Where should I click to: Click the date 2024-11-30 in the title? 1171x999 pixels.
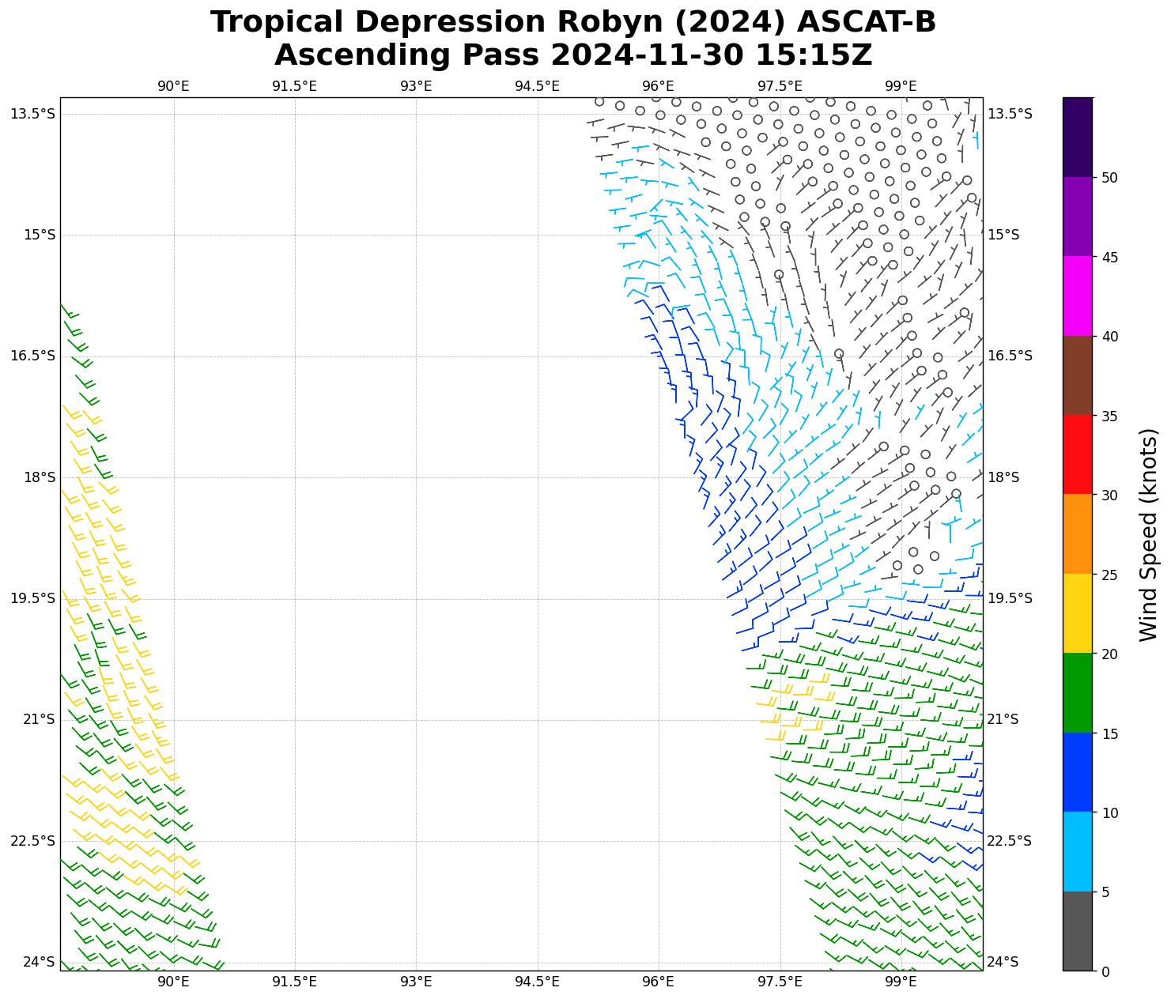point(648,55)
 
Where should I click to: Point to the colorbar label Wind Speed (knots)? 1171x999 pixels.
point(1148,534)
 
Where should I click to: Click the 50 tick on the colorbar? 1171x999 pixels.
point(1109,178)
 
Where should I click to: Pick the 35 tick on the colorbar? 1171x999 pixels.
point(1109,416)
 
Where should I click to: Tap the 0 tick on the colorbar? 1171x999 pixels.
point(1105,971)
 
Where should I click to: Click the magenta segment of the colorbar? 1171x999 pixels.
point(1077,296)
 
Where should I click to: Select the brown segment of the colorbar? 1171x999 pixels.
point(1077,375)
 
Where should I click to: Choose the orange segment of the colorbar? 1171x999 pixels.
point(1077,534)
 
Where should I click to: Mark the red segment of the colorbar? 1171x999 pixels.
point(1077,454)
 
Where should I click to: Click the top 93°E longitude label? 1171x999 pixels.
point(416,86)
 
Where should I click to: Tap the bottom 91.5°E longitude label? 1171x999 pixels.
point(294,982)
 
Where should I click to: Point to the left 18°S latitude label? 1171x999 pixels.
point(33,477)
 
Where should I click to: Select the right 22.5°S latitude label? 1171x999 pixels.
point(1010,841)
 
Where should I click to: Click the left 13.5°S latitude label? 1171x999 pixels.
point(33,114)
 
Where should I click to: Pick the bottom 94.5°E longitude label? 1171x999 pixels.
point(537,982)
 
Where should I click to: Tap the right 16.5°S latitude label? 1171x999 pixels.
point(1010,356)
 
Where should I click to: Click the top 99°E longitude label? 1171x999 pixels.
point(901,86)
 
